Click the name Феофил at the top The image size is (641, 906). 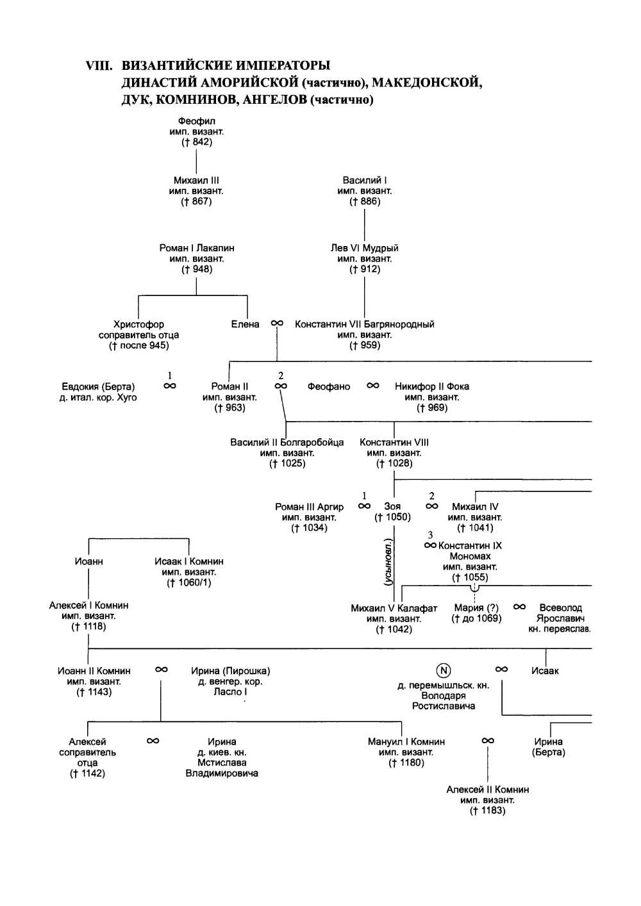tap(197, 121)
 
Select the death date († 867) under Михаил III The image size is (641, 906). tap(196, 202)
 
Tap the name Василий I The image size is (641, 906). tap(365, 181)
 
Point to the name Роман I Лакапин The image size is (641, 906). tap(197, 248)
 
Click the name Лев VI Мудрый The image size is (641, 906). tap(365, 248)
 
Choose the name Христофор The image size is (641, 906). tap(138, 324)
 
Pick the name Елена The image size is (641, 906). tap(246, 324)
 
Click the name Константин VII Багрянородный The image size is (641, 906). tap(365, 324)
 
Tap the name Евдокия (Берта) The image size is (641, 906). tap(98, 386)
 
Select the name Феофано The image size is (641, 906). tap(329, 386)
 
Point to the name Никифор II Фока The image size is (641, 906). tap(432, 386)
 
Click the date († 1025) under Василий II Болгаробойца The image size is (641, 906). tap(287, 463)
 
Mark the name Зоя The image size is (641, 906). tap(392, 506)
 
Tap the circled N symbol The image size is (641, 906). tap(444, 670)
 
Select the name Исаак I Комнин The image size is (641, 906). tap(189, 561)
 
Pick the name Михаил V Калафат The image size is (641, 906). tap(394, 608)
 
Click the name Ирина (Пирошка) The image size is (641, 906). tap(231, 671)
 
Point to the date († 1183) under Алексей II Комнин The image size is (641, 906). tap(488, 811)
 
